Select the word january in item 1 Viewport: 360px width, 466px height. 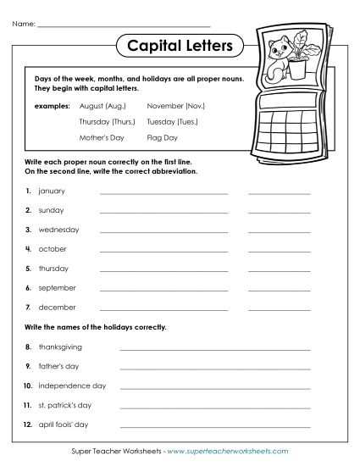53,191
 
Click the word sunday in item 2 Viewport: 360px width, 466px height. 52,210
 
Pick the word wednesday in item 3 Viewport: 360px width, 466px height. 58,230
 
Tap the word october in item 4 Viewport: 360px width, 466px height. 53,249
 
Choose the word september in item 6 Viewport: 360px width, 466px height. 57,287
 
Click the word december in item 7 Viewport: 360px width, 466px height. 57,307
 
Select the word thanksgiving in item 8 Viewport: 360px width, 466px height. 60,347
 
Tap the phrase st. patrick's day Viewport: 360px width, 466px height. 68,404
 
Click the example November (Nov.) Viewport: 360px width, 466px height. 176,107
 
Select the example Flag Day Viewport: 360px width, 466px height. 163,136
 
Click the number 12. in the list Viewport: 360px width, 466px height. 28,424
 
